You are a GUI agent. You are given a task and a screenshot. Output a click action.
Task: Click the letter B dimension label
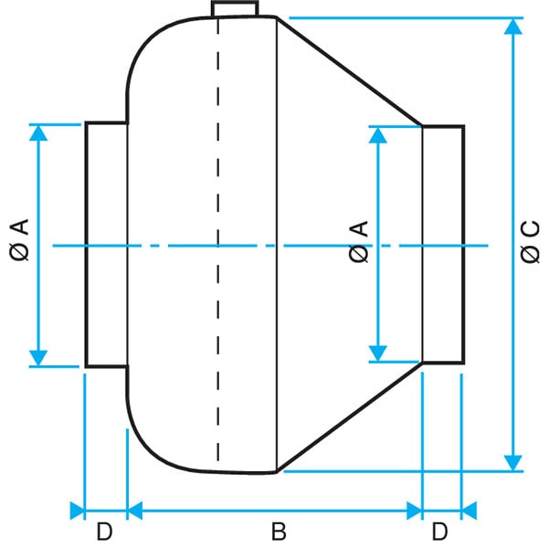[x=279, y=532]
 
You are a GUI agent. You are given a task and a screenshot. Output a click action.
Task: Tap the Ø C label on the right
[x=530, y=241]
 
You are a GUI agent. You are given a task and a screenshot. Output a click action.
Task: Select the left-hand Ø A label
[x=19, y=240]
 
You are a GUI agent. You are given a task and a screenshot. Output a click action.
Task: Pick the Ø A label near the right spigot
[x=359, y=241]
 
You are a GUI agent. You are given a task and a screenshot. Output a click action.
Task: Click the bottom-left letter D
[x=104, y=532]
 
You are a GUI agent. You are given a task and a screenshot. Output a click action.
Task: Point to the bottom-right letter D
[x=439, y=532]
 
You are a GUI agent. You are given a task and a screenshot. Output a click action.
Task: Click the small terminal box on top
[x=235, y=9]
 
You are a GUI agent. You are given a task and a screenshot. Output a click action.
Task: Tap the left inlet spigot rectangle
[x=106, y=245]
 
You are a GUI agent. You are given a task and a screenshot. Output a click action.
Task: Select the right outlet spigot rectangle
[x=443, y=244]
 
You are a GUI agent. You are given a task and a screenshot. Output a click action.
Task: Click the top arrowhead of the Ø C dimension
[x=513, y=26]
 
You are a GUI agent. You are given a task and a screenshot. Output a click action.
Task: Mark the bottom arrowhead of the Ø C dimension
[x=513, y=463]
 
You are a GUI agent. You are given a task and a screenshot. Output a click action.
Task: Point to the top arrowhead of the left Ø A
[x=38, y=133]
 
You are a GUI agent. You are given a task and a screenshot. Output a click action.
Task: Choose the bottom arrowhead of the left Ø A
[x=38, y=358]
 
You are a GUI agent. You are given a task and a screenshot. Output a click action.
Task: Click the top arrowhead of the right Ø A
[x=378, y=135]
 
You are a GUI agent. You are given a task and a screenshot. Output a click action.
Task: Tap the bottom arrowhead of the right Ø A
[x=378, y=353]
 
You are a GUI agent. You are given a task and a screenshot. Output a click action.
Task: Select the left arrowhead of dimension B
[x=135, y=511]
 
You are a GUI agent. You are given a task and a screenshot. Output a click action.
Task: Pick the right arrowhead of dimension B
[x=415, y=511]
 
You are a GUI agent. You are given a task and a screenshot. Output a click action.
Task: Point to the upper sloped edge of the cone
[x=349, y=71]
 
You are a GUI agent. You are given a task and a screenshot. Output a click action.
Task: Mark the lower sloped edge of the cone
[x=349, y=417]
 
